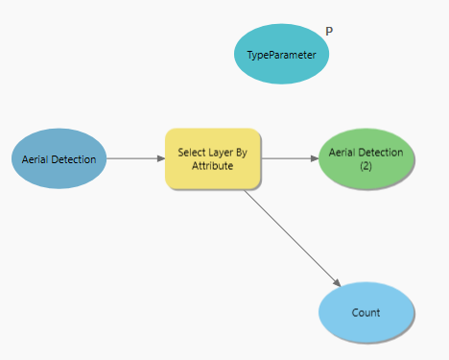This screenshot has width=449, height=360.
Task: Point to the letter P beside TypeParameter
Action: (x=329, y=31)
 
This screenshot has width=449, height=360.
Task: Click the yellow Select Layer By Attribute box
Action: (x=213, y=158)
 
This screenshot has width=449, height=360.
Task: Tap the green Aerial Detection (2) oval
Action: (x=366, y=158)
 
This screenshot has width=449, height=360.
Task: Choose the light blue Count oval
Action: (x=366, y=312)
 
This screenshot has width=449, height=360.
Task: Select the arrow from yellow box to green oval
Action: (x=288, y=158)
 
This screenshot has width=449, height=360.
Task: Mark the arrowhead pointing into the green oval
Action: (x=314, y=158)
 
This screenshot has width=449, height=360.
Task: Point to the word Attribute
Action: (x=213, y=166)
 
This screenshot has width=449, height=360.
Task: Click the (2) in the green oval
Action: (x=366, y=166)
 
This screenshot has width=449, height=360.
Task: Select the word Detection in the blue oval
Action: (x=73, y=158)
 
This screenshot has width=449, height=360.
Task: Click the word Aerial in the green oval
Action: (x=343, y=152)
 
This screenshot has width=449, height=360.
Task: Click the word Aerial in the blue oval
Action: (x=35, y=158)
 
